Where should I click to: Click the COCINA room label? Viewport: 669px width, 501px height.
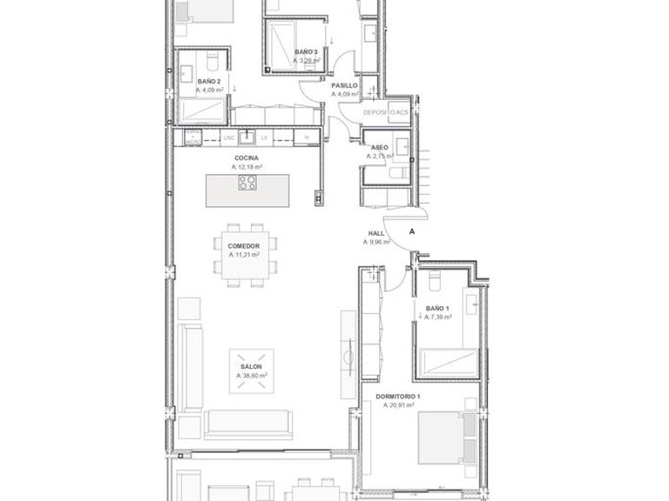(x=247, y=157)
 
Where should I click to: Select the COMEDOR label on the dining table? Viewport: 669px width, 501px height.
(x=245, y=246)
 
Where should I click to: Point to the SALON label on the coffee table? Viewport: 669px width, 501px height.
(x=251, y=367)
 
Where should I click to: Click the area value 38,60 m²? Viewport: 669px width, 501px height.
(x=251, y=376)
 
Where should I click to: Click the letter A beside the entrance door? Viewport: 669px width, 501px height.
(x=411, y=233)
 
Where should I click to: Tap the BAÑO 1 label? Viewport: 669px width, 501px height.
(x=437, y=309)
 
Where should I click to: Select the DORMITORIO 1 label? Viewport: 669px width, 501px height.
(x=399, y=397)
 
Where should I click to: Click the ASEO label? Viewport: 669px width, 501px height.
(x=380, y=148)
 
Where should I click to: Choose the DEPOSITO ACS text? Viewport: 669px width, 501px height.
(x=386, y=113)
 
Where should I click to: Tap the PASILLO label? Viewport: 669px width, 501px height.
(x=345, y=86)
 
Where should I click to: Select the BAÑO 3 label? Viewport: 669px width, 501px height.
(x=306, y=52)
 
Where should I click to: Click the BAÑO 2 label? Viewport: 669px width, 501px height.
(x=197, y=81)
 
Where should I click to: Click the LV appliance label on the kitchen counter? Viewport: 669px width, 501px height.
(x=263, y=137)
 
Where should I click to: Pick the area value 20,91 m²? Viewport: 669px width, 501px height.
(x=399, y=405)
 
